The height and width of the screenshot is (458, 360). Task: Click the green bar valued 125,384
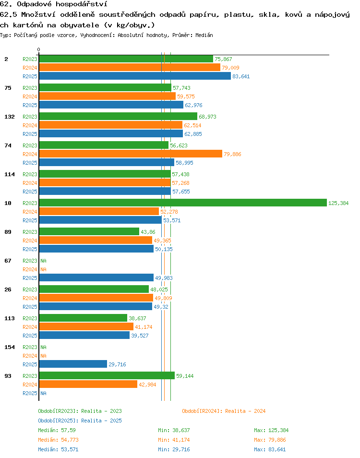pyautogui.click(x=183, y=203)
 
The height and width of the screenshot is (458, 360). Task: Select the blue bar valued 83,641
pyautogui.click(x=135, y=76)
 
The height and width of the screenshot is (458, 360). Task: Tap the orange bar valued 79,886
pyautogui.click(x=131, y=154)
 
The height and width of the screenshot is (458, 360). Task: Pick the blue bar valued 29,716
pyautogui.click(x=73, y=364)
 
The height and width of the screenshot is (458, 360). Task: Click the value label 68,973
pyautogui.click(x=207, y=117)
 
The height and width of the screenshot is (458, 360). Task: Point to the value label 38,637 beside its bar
pyautogui.click(x=137, y=318)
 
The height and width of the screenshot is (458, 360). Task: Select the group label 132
pyautogui.click(x=9, y=117)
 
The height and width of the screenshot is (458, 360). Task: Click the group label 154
pyautogui.click(x=9, y=347)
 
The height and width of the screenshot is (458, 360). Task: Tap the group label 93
pyautogui.click(x=8, y=375)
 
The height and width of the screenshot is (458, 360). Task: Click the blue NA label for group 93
pyautogui.click(x=44, y=393)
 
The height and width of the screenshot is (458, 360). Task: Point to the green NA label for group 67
pyautogui.click(x=44, y=261)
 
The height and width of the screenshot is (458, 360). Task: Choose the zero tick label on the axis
pyautogui.click(x=38, y=49)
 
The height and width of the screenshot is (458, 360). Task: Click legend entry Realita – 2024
pyautogui.click(x=224, y=411)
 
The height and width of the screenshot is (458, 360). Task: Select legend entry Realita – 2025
pyautogui.click(x=80, y=421)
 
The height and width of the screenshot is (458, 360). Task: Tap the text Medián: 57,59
pyautogui.click(x=57, y=430)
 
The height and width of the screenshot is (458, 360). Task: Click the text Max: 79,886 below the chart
pyautogui.click(x=270, y=440)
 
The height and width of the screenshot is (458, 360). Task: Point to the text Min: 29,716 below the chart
pyautogui.click(x=174, y=449)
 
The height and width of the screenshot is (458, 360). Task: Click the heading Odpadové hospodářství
pyautogui.click(x=62, y=4)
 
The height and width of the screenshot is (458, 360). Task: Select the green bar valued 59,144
pyautogui.click(x=107, y=375)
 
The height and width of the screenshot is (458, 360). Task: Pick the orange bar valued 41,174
pyautogui.click(x=86, y=326)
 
